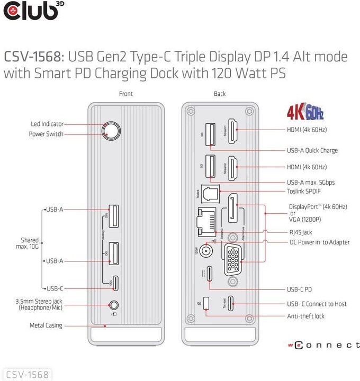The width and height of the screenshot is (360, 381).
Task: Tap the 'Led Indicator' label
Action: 47,124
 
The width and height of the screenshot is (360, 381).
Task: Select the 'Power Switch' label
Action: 46,134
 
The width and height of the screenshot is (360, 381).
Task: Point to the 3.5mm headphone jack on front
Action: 113,305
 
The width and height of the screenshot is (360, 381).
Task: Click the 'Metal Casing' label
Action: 46,325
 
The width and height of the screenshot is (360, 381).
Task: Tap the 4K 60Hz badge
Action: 305,113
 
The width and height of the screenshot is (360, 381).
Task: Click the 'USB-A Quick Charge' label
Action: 312,150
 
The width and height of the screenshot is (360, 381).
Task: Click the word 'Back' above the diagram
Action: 220,94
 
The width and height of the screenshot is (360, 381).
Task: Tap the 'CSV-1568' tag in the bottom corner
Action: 27,375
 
